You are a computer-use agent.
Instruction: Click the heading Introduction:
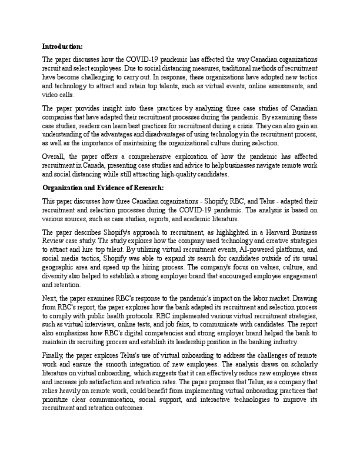coord(62,46)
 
